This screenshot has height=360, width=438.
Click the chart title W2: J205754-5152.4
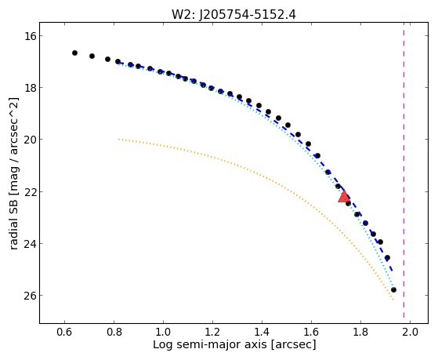pos(233,14)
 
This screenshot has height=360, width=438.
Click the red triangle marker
pos(344,196)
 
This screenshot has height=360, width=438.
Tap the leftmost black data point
pos(74,53)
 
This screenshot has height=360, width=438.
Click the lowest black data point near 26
pos(393,289)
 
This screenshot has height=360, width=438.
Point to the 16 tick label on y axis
pos(27,36)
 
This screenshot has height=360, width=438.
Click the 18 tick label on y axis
pos(27,88)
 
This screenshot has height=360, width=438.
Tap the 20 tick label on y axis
pos(27,140)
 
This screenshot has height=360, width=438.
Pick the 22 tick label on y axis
pos(27,191)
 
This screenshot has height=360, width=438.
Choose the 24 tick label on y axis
pos(27,243)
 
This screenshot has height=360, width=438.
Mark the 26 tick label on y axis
pos(27,296)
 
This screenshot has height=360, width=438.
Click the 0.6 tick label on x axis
pos(64,332)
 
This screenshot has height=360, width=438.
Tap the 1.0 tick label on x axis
pos(163,332)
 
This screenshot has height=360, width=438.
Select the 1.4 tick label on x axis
pos(262,332)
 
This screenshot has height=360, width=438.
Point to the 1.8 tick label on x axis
pos(360,332)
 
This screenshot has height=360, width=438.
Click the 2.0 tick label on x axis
pos(410,332)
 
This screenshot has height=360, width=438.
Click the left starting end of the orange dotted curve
pos(119,139)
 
